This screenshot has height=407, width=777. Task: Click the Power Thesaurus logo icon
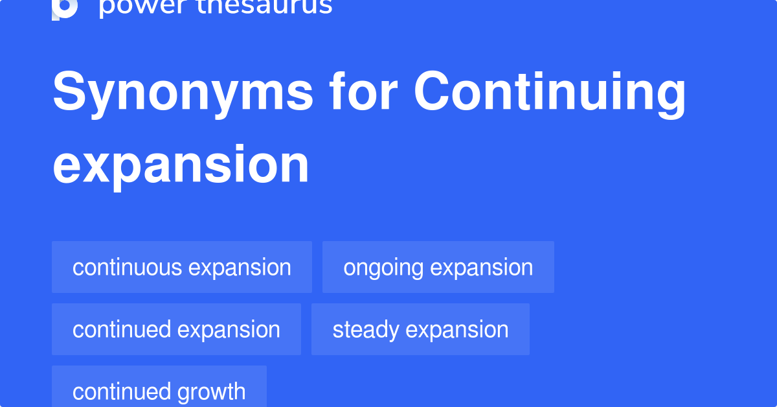pyautogui.click(x=65, y=8)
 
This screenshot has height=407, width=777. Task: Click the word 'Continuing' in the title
pyautogui.click(x=550, y=93)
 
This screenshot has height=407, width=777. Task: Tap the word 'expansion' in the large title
pyautogui.click(x=181, y=165)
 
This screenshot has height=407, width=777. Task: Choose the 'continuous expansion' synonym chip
pyautogui.click(x=182, y=267)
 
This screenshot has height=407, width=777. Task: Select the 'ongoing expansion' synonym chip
pyautogui.click(x=438, y=267)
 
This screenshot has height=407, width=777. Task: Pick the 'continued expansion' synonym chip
pyautogui.click(x=176, y=329)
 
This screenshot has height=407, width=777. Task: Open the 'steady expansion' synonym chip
pyautogui.click(x=420, y=329)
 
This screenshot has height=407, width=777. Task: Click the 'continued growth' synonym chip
pyautogui.click(x=159, y=391)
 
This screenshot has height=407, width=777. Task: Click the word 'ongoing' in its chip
pyautogui.click(x=383, y=267)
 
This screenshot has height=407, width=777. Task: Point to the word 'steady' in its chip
pyautogui.click(x=365, y=329)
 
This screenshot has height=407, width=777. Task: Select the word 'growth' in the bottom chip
pyautogui.click(x=210, y=391)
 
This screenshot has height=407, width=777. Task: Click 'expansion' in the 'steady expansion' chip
pyautogui.click(x=457, y=329)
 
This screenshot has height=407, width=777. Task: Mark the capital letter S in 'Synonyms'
pyautogui.click(x=71, y=93)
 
